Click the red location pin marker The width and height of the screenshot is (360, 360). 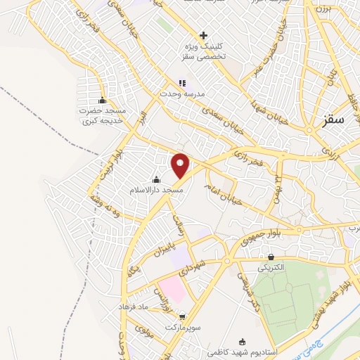pyautogui.click(x=181, y=166)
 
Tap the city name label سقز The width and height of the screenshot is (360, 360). pyautogui.click(x=335, y=120)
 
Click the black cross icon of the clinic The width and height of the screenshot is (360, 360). pyautogui.click(x=204, y=35)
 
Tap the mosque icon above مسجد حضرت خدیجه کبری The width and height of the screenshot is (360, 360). pyautogui.click(x=103, y=100)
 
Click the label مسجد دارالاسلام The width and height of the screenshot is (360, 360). pyautogui.click(x=155, y=191)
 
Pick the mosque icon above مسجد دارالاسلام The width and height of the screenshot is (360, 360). pyautogui.click(x=156, y=179)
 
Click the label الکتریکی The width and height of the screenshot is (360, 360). pyautogui.click(x=271, y=269)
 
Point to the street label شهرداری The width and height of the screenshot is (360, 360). pyautogui.click(x=191, y=268)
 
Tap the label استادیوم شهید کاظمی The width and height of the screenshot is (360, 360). pyautogui.click(x=243, y=350)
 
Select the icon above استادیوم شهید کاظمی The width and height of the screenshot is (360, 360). pyautogui.click(x=243, y=340)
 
